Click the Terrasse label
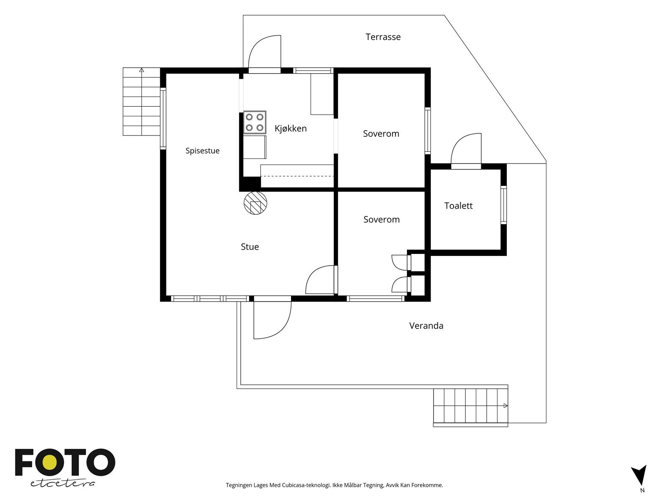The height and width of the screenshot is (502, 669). (383, 37)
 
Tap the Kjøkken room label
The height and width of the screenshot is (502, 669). (291, 128)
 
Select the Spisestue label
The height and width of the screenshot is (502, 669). (202, 151)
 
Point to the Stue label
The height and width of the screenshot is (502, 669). (250, 246)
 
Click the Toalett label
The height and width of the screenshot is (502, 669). (458, 206)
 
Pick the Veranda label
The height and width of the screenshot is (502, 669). (426, 326)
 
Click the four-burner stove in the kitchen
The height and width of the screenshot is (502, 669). (255, 122)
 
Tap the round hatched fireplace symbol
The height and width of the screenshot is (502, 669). (255, 203)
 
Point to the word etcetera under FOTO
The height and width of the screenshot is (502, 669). (62, 484)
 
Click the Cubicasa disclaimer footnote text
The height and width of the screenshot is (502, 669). (334, 485)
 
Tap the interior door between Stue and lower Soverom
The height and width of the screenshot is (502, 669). (322, 280)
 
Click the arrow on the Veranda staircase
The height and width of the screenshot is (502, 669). (506, 406)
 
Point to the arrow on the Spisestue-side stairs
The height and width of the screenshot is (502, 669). (141, 70)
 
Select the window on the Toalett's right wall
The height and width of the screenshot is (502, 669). (504, 205)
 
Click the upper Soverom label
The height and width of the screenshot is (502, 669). (381, 133)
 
